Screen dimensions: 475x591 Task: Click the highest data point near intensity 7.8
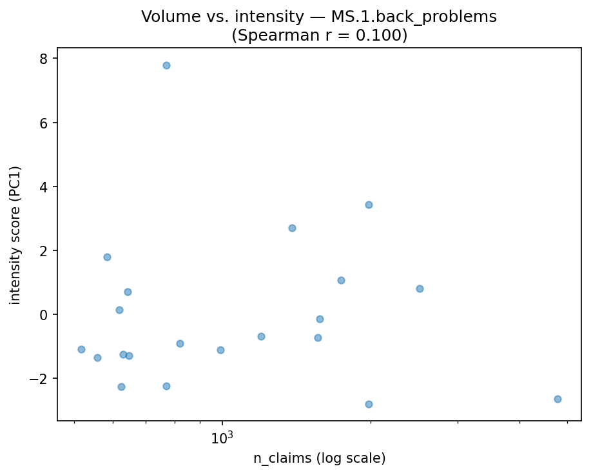pyautogui.click(x=166, y=65)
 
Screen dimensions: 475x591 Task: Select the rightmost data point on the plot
pyautogui.click(x=557, y=399)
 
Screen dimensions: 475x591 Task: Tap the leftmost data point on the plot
pyautogui.click(x=81, y=349)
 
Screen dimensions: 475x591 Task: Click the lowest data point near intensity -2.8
pyautogui.click(x=369, y=404)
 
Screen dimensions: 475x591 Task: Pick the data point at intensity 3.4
pyautogui.click(x=369, y=205)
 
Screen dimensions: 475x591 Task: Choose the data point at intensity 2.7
pyautogui.click(x=292, y=228)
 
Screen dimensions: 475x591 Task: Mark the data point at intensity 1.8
pyautogui.click(x=107, y=257)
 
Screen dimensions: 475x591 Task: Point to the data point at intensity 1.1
pyautogui.click(x=341, y=280)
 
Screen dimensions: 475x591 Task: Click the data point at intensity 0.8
pyautogui.click(x=420, y=288)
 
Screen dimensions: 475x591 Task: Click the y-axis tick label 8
pyautogui.click(x=44, y=59)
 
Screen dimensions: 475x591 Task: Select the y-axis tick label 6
pyautogui.click(x=44, y=123)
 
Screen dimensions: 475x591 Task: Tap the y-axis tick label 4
pyautogui.click(x=44, y=187)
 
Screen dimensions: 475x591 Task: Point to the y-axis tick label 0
pyautogui.click(x=44, y=314)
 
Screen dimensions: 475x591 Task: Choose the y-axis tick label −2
pyautogui.click(x=40, y=378)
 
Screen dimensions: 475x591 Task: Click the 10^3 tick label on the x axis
pyautogui.click(x=222, y=439)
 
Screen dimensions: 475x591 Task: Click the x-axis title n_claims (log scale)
pyautogui.click(x=319, y=459)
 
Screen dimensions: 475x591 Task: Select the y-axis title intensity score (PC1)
pyautogui.click(x=15, y=235)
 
